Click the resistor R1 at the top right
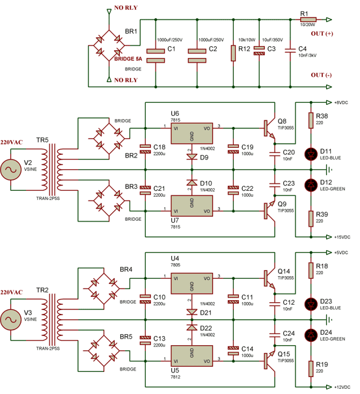click(307, 20)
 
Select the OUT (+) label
click(326, 34)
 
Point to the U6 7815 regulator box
click(191, 134)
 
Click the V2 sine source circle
click(12, 170)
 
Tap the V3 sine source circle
click(12, 319)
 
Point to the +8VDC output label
click(342, 102)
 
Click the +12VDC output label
click(342, 387)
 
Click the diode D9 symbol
click(191, 157)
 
